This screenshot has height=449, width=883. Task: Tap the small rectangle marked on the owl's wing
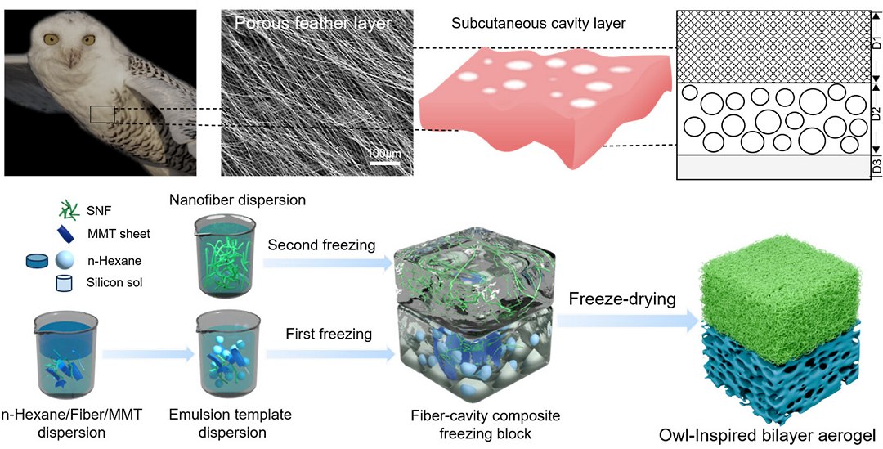(102, 114)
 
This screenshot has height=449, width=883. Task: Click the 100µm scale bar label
(383, 153)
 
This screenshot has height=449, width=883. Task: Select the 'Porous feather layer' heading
(312, 24)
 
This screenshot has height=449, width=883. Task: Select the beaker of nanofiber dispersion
(223, 257)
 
